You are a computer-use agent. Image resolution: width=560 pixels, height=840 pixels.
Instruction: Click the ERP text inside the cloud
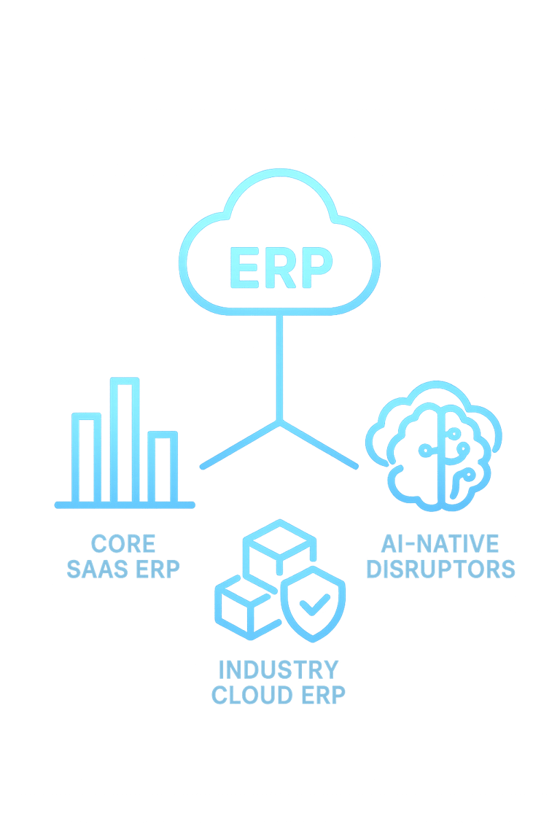pos(280,268)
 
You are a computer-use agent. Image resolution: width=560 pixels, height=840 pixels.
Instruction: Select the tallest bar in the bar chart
pos(125,440)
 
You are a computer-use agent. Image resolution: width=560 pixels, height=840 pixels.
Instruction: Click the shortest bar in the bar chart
pos(163,467)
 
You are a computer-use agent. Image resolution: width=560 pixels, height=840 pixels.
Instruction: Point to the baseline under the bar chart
pos(125,505)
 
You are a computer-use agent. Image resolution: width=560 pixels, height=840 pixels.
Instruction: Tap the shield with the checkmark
pos(313,605)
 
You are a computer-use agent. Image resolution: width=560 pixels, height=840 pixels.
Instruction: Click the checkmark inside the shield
pos(314,604)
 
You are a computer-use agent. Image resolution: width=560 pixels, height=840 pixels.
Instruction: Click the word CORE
pos(122,544)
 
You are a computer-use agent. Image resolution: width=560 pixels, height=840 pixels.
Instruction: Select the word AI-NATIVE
pos(440,544)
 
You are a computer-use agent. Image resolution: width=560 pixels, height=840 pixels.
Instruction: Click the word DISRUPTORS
pos(440,569)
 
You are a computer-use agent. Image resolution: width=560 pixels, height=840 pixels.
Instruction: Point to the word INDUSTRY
pos(279,669)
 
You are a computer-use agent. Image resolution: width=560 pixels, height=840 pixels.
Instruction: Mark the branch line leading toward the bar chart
pos(240,444)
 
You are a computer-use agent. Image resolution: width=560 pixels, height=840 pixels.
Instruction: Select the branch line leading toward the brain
pos(319,444)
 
